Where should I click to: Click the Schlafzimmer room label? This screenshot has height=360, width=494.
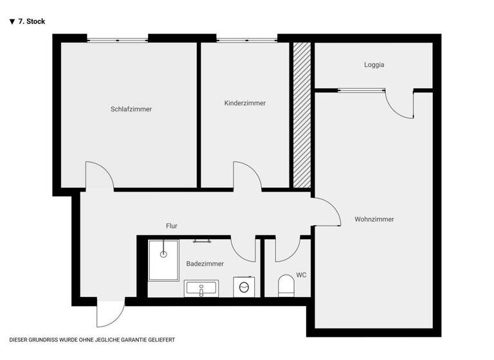pos(131,109)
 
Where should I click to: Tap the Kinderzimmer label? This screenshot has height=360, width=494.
pos(244,104)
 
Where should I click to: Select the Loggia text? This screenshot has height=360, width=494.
pos(374,65)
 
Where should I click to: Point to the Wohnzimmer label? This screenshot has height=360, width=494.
pos(374,219)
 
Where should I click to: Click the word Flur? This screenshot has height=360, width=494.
pos(171,226)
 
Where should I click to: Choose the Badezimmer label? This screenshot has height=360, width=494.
pos(205,264)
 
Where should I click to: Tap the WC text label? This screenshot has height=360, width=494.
pos(301,275)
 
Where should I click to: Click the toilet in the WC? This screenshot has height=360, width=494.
pos(286,285)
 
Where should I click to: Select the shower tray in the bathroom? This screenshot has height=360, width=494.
pos(163,260)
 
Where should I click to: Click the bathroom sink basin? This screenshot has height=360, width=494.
pos(201,289)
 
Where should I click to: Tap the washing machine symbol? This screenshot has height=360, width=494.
pos(243,287)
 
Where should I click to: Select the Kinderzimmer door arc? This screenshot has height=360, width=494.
pos(246,175)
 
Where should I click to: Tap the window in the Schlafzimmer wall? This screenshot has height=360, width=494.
pos(118,39)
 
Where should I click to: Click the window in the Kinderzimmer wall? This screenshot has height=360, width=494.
pos(246,39)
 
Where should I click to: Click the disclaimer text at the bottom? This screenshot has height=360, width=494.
pos(92,339)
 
